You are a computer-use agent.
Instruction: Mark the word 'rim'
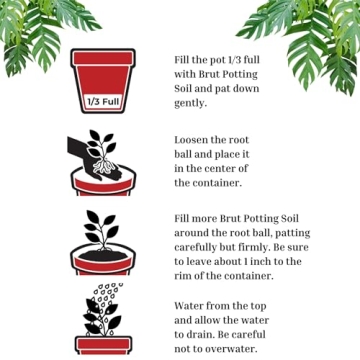point(185,275)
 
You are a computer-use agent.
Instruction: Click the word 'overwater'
point(227,349)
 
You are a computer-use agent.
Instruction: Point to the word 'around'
point(196,233)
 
